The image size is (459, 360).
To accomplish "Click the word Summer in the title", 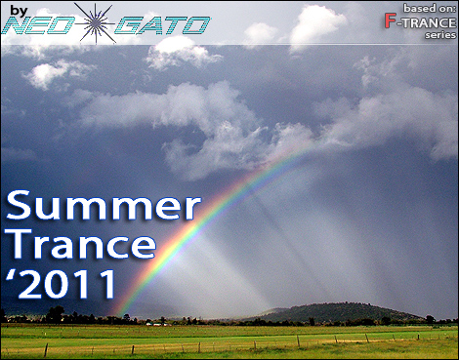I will (103, 208).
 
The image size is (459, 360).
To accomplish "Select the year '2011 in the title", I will (63, 284).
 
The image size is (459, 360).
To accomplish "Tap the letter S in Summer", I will (20, 208).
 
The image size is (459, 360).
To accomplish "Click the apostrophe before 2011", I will (12, 273).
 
